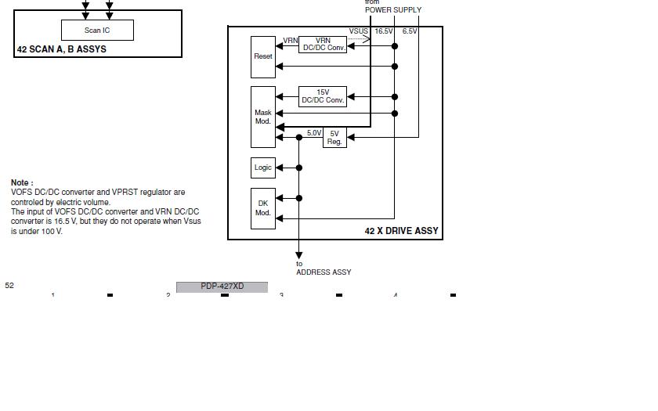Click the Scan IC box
pos(97,31)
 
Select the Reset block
pos(263,56)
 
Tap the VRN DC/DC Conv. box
pos(323,44)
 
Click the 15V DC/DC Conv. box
pos(323,96)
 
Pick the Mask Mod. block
pos(263,117)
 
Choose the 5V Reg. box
pos(334,138)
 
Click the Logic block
pos(263,168)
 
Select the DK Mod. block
pos(263,208)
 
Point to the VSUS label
pos(359,31)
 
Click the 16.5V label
pos(383,31)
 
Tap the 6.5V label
pos(410,31)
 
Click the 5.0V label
pos(313,133)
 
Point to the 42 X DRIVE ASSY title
pos(401,231)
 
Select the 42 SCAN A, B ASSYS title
pos(61,49)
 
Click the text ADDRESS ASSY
pos(324,272)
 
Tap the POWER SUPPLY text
pos(392,10)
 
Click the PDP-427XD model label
pos(222,287)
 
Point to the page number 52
pos(9,286)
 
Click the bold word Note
pos(22,182)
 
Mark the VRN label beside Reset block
pos(291,40)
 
